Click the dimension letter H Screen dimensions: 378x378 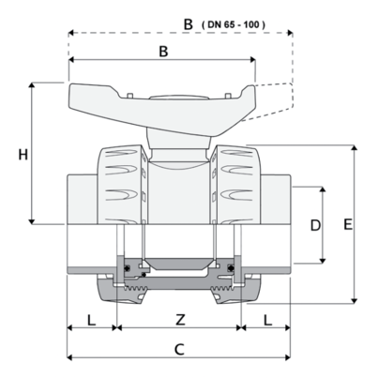pyautogui.click(x=23, y=155)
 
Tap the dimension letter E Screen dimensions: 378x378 pyautogui.click(x=348, y=224)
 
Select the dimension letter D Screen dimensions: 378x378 pyautogui.click(x=315, y=225)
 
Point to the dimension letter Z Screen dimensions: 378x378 pyautogui.click(x=180, y=320)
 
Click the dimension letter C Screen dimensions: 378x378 pyautogui.click(x=179, y=350)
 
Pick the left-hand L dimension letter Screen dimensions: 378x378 pyautogui.click(x=91, y=320)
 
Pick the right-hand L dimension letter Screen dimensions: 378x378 pyautogui.click(x=267, y=320)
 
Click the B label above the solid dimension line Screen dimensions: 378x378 pyautogui.click(x=163, y=52)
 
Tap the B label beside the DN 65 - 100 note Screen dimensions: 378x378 pyautogui.click(x=188, y=24)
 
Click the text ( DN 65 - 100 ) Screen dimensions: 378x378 pyautogui.click(x=234, y=24)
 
